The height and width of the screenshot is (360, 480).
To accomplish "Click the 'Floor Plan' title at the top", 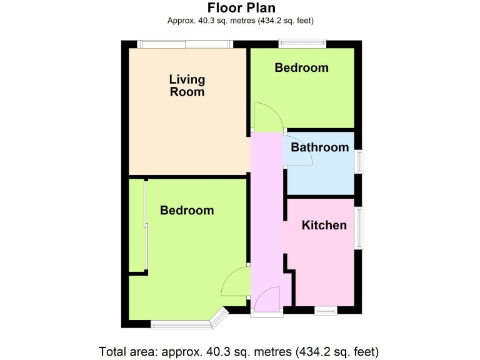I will click(240, 7).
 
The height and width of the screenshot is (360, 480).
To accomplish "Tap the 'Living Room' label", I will click(187, 86).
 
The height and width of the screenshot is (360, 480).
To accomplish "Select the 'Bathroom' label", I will click(319, 147).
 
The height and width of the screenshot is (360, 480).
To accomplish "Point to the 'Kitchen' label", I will click(324, 225).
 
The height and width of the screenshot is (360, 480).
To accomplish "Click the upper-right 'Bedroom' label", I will click(301, 67).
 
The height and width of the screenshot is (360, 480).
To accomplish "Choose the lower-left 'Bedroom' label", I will click(187, 211).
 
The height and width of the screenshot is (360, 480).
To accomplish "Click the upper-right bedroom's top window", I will click(302, 44).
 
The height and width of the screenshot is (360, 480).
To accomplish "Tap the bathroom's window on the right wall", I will click(359, 160).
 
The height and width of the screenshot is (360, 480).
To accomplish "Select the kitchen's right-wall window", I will click(359, 228).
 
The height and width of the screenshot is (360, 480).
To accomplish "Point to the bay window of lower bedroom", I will click(187, 323).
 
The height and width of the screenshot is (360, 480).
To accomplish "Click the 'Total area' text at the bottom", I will click(239, 351).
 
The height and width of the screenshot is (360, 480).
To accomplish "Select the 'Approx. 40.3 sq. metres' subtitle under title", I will click(240, 20).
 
